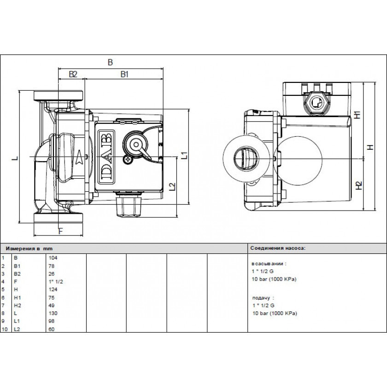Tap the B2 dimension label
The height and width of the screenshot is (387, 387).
coord(72,74)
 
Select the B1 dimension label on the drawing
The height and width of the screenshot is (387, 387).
coord(124,74)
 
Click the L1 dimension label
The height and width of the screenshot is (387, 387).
coord(184,155)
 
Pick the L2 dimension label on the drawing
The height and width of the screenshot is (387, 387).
coord(172,187)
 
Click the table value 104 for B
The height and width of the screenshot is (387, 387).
coord(53,258)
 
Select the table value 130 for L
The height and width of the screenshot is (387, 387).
coord(53,313)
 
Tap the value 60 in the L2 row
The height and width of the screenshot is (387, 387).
coord(52,328)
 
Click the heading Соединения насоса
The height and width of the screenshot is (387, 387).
coord(277,247)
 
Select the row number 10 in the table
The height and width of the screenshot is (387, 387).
coord(4,328)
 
